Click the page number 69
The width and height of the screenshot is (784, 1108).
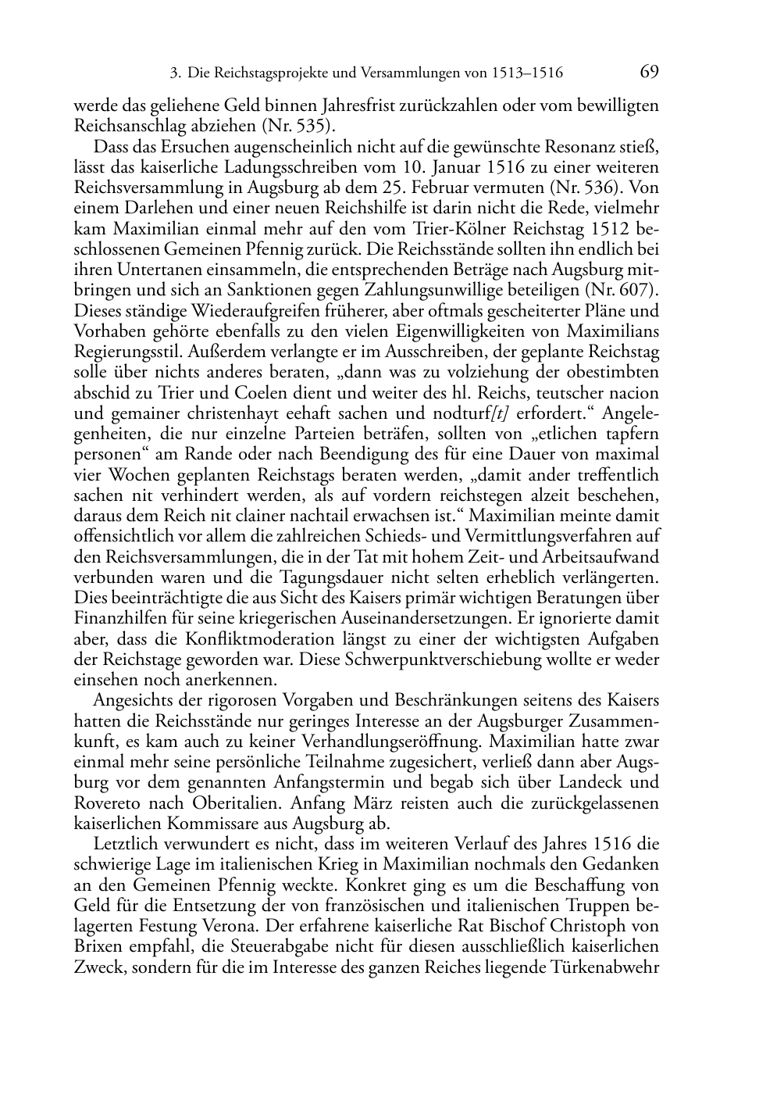coord(649,72)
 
